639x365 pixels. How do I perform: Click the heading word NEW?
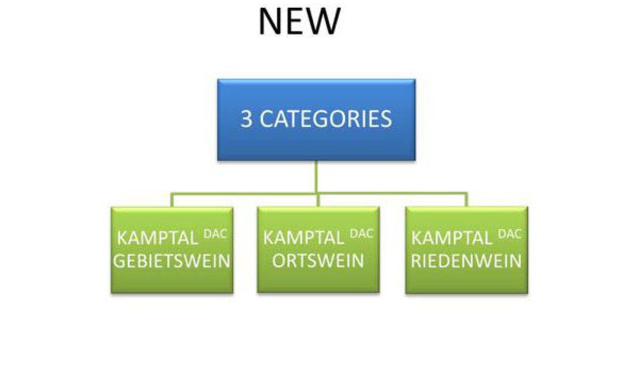pyautogui.click(x=299, y=21)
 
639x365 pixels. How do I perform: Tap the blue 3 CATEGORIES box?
pyautogui.click(x=316, y=120)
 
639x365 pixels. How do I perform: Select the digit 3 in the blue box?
pyautogui.click(x=246, y=119)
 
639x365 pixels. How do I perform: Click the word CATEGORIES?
pyautogui.click(x=326, y=119)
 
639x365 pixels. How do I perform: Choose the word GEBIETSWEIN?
pyautogui.click(x=172, y=261)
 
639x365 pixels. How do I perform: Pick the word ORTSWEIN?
pyautogui.click(x=318, y=261)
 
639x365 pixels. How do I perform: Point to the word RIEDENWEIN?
pyautogui.click(x=466, y=261)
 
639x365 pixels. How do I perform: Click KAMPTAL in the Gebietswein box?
pyautogui.click(x=157, y=238)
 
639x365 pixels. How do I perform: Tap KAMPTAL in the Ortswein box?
pyautogui.click(x=304, y=238)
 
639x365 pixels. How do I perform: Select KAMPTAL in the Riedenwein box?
pyautogui.click(x=451, y=238)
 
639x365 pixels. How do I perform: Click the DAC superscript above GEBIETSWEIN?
pyautogui.click(x=215, y=234)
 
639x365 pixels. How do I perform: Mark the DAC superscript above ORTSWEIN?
pyautogui.click(x=361, y=234)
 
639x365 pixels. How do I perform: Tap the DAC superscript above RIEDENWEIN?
pyautogui.click(x=509, y=234)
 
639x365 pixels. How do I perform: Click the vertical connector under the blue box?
pyautogui.click(x=316, y=177)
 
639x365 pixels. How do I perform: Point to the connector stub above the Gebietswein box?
pyautogui.click(x=172, y=200)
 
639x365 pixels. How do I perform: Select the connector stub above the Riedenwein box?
pyautogui.click(x=466, y=200)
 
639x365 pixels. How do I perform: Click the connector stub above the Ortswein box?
pyautogui.click(x=319, y=200)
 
